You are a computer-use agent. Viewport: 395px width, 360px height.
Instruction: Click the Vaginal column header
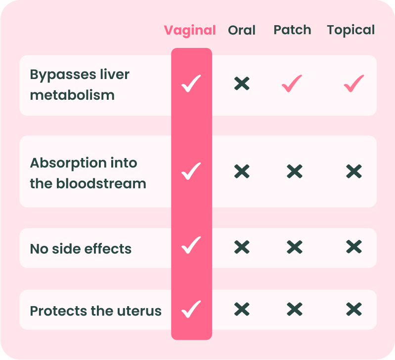(190, 31)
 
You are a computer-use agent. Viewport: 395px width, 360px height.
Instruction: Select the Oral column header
(242, 30)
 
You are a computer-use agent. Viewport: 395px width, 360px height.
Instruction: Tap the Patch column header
(292, 30)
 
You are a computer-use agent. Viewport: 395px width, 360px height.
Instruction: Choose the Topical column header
(351, 31)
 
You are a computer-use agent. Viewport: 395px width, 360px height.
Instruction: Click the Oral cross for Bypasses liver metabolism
(242, 83)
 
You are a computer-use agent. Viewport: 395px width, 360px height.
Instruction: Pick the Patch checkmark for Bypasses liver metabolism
(292, 83)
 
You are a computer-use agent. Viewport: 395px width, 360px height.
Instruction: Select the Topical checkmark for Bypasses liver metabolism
(354, 83)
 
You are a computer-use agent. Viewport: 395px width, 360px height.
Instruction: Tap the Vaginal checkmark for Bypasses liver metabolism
(191, 83)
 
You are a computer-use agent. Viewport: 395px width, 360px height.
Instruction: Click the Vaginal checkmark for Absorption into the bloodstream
(191, 171)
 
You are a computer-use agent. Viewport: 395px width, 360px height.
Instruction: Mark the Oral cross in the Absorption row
(242, 171)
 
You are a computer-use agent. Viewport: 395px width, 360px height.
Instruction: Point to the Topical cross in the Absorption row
(354, 171)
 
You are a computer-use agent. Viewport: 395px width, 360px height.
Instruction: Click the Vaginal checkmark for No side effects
(191, 245)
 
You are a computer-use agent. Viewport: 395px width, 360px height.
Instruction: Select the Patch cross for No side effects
(295, 247)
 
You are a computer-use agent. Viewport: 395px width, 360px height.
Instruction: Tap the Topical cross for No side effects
(354, 247)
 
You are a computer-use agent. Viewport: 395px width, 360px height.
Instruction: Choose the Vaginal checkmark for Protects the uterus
(191, 309)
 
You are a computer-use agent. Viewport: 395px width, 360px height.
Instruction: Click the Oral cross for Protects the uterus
(242, 309)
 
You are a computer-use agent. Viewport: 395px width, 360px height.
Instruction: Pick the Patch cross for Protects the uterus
(295, 309)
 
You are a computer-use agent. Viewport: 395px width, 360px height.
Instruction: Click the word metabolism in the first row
(72, 95)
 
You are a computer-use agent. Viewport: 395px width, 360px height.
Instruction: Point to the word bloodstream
(101, 183)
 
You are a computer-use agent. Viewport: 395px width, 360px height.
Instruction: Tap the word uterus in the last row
(139, 311)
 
